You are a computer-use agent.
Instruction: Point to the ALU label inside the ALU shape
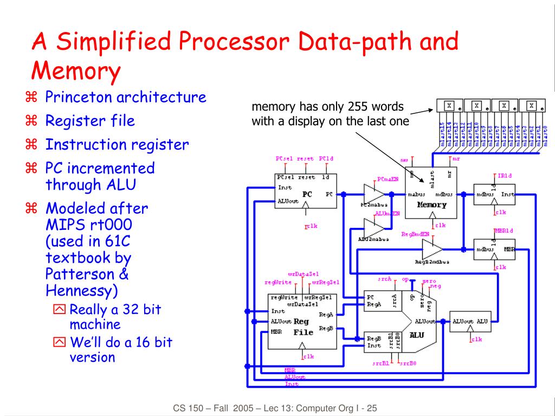(x=417, y=335)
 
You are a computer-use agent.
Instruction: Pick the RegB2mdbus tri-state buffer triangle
(x=432, y=249)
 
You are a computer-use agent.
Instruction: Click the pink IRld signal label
(x=504, y=176)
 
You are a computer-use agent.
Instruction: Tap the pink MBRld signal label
(x=504, y=231)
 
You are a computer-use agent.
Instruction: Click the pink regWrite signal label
(x=278, y=282)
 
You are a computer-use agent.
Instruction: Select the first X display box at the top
(x=449, y=106)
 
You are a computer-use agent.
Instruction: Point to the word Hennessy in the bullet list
(x=82, y=291)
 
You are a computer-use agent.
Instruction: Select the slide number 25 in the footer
(x=371, y=408)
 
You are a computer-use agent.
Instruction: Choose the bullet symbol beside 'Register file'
(x=31, y=120)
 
